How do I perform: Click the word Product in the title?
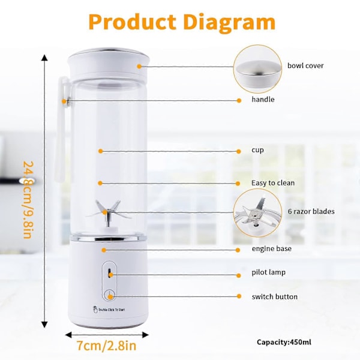(x=132, y=22)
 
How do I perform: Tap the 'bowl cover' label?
(x=305, y=65)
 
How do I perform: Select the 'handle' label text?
(x=263, y=99)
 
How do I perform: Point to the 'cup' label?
(x=257, y=150)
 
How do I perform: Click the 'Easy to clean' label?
(x=273, y=183)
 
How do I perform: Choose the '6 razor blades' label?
(x=311, y=211)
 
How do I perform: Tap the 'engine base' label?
(x=272, y=248)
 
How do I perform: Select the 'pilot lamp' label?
(x=268, y=272)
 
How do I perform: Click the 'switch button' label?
(x=275, y=296)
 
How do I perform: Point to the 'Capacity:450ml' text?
(x=284, y=342)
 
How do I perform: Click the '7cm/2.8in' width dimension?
(x=107, y=346)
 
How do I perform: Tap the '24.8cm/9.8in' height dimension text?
(x=28, y=200)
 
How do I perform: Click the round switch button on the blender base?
(x=110, y=295)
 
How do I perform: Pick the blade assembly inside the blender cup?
(x=107, y=214)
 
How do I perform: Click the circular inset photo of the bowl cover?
(x=257, y=69)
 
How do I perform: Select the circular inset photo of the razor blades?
(x=257, y=213)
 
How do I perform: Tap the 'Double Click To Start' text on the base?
(x=109, y=310)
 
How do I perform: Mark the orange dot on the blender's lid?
(x=139, y=67)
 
